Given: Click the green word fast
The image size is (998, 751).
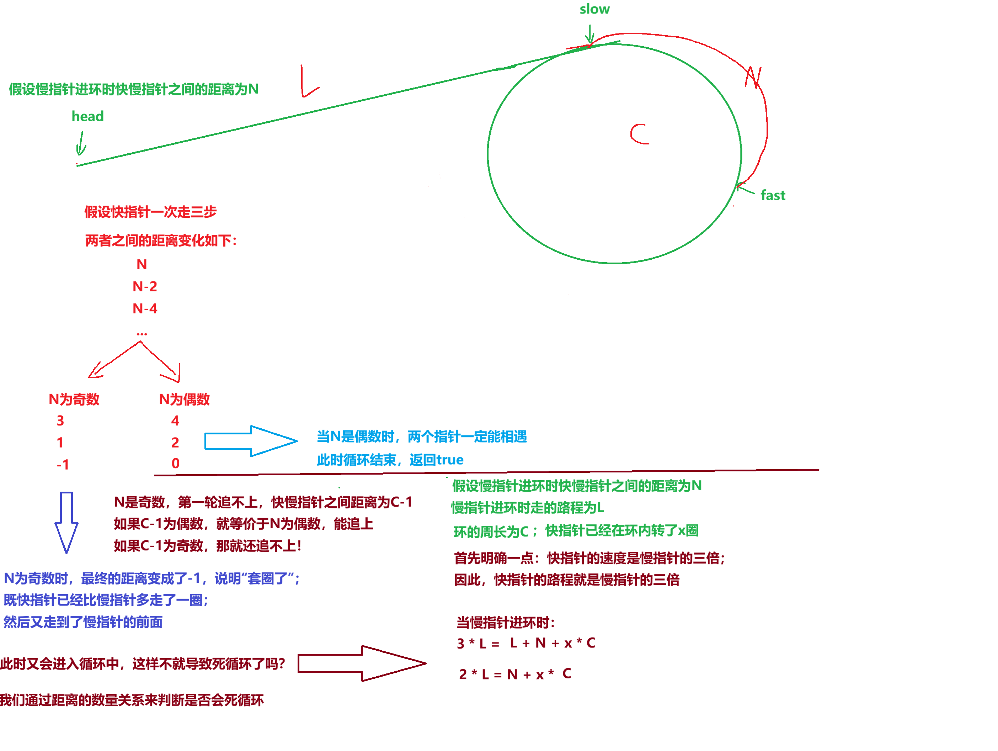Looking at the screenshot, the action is (x=773, y=195).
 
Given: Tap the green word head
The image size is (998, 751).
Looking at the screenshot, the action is (x=87, y=116).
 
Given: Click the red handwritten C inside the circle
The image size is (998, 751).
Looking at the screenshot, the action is (x=639, y=134).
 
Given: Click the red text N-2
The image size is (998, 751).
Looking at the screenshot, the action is (x=145, y=287).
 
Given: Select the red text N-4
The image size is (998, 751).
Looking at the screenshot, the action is (x=145, y=309).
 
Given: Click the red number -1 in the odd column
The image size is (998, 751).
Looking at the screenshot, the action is (x=63, y=464).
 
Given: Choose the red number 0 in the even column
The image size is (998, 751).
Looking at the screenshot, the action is (x=176, y=464).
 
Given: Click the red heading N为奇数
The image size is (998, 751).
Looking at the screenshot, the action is (x=74, y=400).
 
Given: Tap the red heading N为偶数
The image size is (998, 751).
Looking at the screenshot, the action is (x=184, y=400).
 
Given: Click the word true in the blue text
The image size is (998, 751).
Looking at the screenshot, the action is (x=450, y=460).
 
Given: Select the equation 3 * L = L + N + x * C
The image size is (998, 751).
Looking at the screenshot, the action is (x=525, y=643).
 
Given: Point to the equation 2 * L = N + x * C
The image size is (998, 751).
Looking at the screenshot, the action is (x=515, y=674).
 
